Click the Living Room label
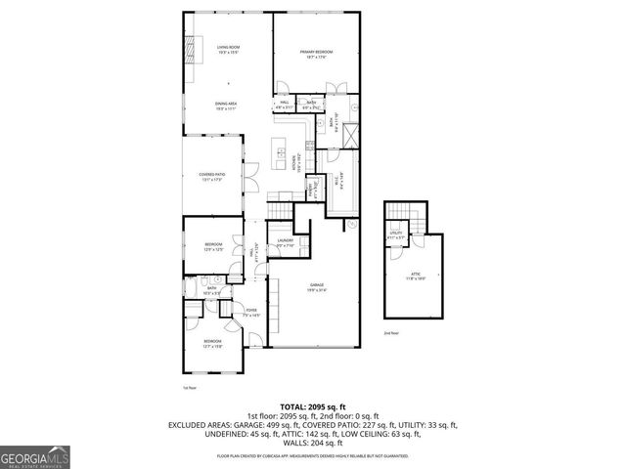[x=227, y=50]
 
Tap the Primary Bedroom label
[x=316, y=55]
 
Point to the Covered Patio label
[x=212, y=177]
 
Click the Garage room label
[x=314, y=285]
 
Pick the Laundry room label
[x=285, y=242]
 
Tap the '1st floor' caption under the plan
[x=190, y=387]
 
